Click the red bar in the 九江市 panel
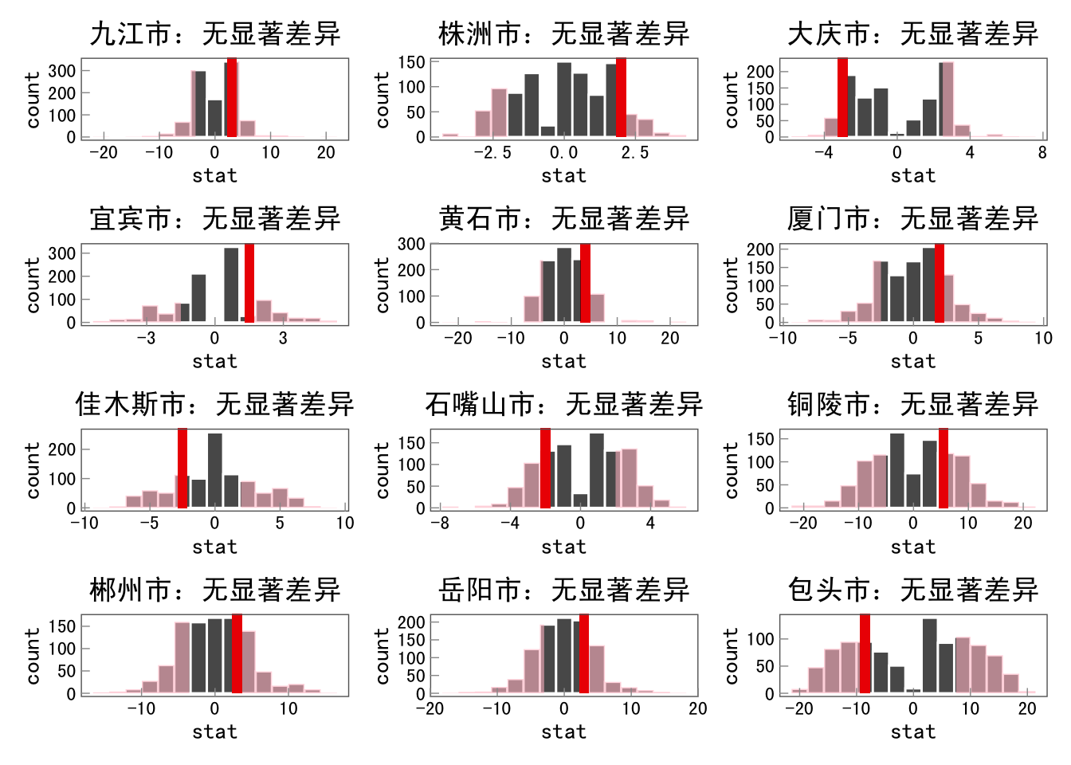[x=232, y=97]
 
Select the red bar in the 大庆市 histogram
[x=842, y=97]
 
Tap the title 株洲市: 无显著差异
[x=563, y=34]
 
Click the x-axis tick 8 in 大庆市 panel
[x=1042, y=153]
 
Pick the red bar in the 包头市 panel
[x=865, y=653]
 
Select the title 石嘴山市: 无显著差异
[x=563, y=405]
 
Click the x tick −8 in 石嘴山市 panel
[x=439, y=524]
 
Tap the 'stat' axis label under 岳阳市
[x=563, y=732]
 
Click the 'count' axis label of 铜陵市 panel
[x=731, y=470]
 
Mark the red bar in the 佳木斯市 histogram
[x=182, y=469]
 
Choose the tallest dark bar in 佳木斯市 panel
[x=215, y=470]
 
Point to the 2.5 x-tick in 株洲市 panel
[x=635, y=153]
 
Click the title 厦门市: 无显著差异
[x=912, y=219]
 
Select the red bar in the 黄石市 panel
[x=585, y=283]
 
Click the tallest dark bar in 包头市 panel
[x=929, y=655]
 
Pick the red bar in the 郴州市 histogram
[x=237, y=653]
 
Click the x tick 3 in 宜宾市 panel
[x=283, y=338]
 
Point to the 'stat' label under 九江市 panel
[x=214, y=176]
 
